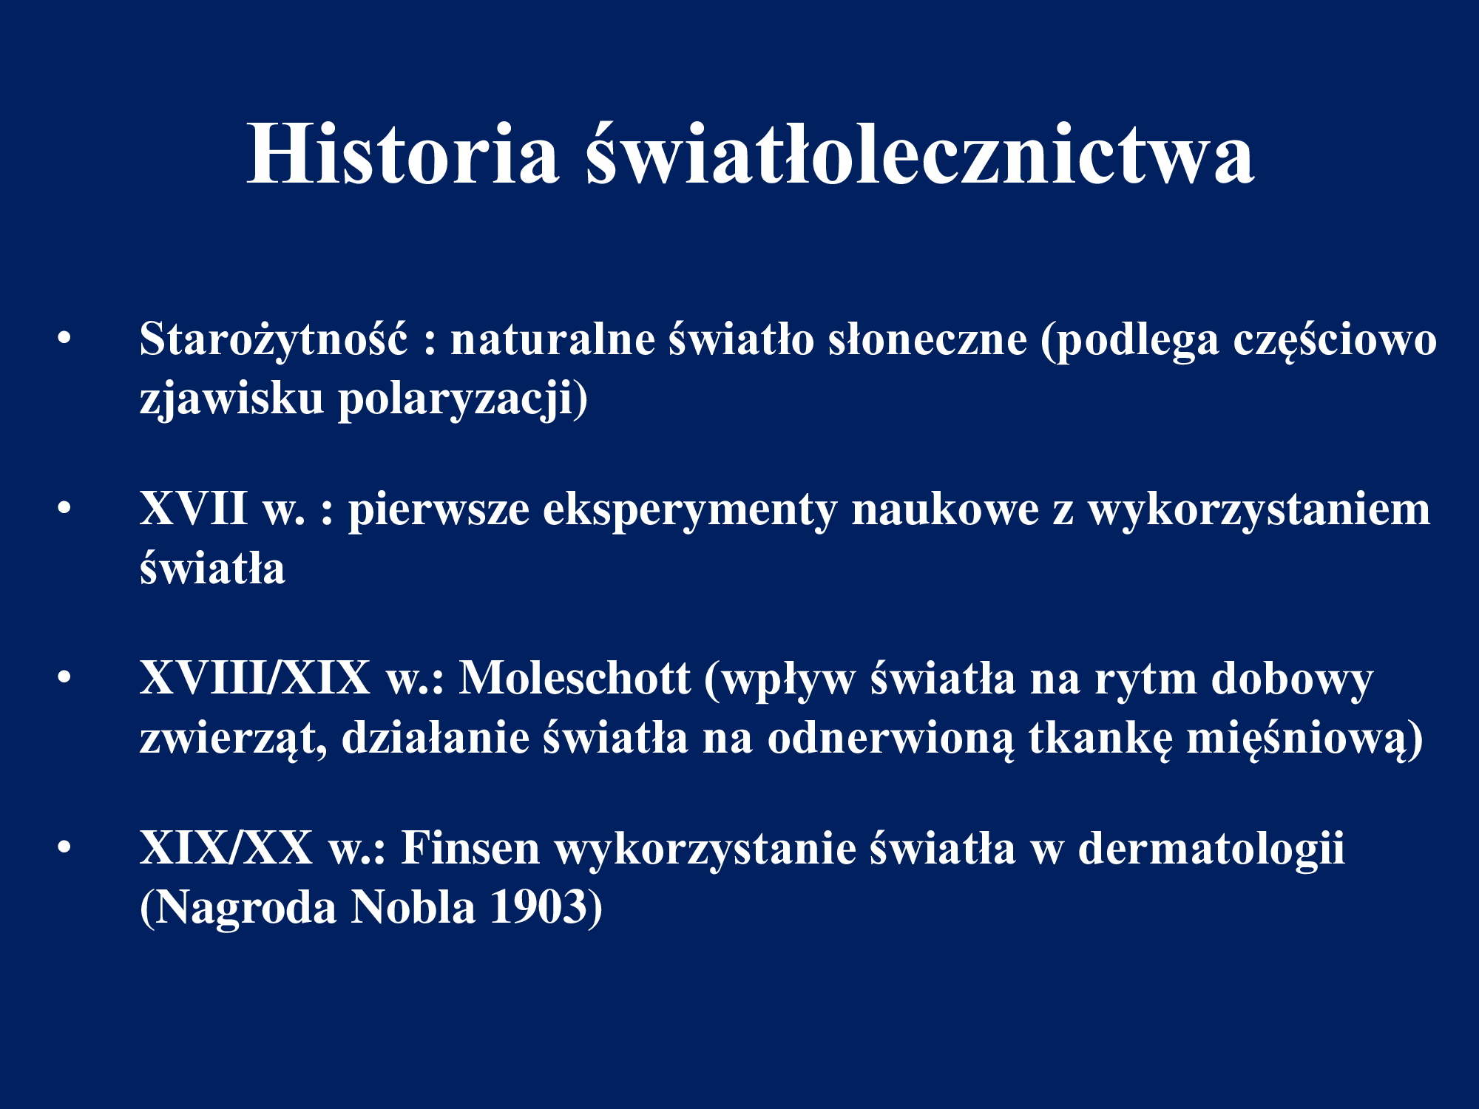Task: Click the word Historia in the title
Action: pyautogui.click(x=403, y=154)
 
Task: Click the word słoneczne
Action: pyautogui.click(x=927, y=340)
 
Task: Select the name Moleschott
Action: pyautogui.click(x=575, y=678)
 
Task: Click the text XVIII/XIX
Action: pyautogui.click(x=255, y=678)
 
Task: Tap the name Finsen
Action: pyautogui.click(x=470, y=848)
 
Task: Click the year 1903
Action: pyautogui.click(x=538, y=907)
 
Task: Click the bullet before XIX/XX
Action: pyautogui.click(x=65, y=848)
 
